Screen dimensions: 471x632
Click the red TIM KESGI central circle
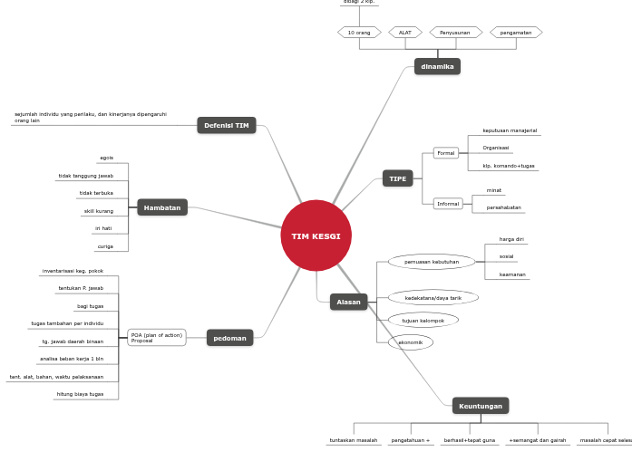pos(316,235)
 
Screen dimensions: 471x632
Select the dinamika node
pos(437,66)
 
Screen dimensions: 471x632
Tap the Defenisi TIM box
pos(227,125)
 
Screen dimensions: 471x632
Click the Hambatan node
pos(162,207)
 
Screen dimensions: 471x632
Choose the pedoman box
pos(230,338)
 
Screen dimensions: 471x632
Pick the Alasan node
pos(348,302)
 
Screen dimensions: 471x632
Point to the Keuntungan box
pos(481,406)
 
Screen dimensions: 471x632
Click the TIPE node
pos(398,178)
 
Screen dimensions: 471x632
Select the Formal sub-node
pos(446,153)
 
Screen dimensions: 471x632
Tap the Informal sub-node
pos(448,204)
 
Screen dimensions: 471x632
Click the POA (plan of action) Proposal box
pos(157,338)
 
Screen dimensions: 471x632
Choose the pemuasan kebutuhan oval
pos(432,262)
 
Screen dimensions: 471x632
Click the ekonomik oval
pos(411,342)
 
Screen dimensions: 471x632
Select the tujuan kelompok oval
pos(423,320)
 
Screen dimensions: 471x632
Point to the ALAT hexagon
pos(405,33)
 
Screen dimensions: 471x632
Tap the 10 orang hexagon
pos(359,33)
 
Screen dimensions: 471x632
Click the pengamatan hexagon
pos(516,33)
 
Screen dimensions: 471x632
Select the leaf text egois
pos(107,158)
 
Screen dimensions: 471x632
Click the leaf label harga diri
pos(511,239)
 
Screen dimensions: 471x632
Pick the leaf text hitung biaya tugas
pos(80,394)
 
